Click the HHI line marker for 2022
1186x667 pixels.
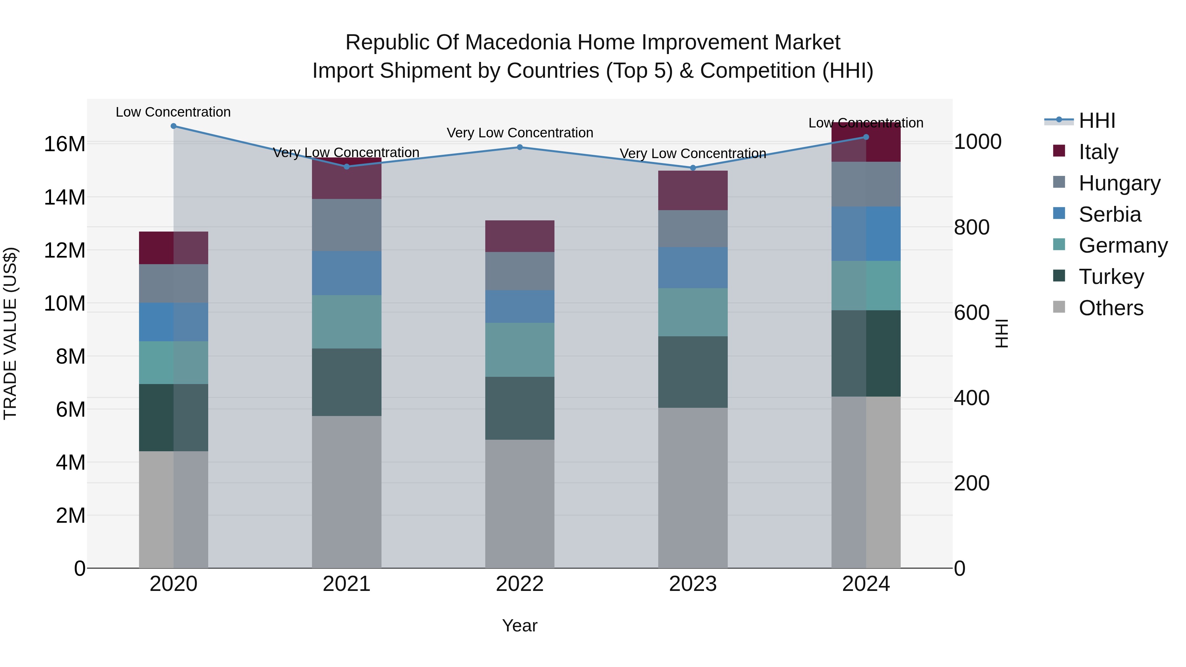[x=520, y=147]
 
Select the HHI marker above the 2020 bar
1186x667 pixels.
[x=174, y=126]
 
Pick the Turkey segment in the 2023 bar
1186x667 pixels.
[x=693, y=372]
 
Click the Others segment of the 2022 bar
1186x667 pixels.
[x=520, y=504]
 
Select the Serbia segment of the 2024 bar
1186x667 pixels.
[x=866, y=234]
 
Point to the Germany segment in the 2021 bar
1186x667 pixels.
[x=347, y=322]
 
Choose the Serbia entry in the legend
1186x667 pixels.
[x=1110, y=214]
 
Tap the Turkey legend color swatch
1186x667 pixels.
[x=1059, y=276]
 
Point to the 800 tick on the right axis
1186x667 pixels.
[x=972, y=227]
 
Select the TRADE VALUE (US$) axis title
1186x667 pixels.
[x=10, y=333]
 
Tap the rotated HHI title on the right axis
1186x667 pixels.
[x=1002, y=333]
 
